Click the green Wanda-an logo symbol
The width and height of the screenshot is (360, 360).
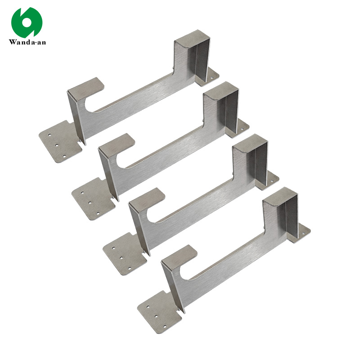tap(27, 22)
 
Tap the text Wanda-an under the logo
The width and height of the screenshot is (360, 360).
tap(27, 43)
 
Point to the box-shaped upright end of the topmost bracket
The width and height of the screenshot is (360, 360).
tap(193, 56)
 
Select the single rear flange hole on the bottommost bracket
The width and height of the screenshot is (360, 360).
tap(303, 232)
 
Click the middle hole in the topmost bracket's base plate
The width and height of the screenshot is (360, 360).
tap(57, 145)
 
